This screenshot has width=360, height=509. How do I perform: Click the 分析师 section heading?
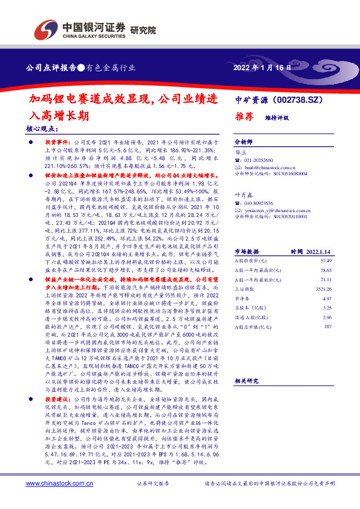(x=243, y=138)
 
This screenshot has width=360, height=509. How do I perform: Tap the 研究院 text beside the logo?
(x=143, y=29)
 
